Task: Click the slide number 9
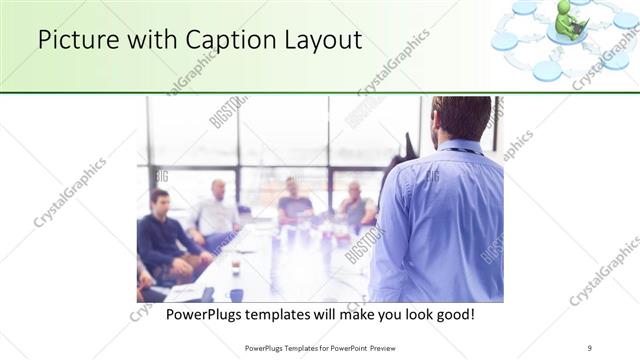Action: pos(590,347)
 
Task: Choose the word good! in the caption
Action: pos(452,314)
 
